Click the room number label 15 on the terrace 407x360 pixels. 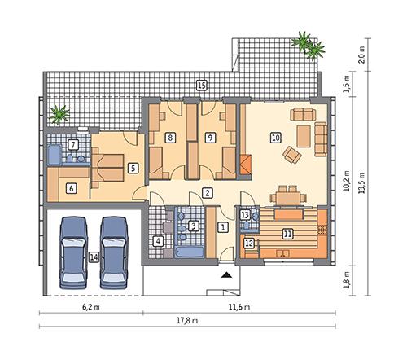(x=202, y=85)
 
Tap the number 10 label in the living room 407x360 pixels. (x=276, y=138)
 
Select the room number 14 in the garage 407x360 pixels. (x=94, y=257)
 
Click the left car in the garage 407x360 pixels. (x=73, y=248)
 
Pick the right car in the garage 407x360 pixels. (x=115, y=248)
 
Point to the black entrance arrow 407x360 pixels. (x=225, y=276)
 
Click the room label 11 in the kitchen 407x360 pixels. (x=287, y=233)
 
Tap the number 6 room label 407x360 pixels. (x=71, y=188)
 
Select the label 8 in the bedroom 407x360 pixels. (x=169, y=138)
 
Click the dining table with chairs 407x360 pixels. (x=285, y=195)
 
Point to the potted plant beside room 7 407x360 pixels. (x=58, y=114)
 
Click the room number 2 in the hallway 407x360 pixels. (x=208, y=193)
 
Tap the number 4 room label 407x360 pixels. (x=159, y=241)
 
